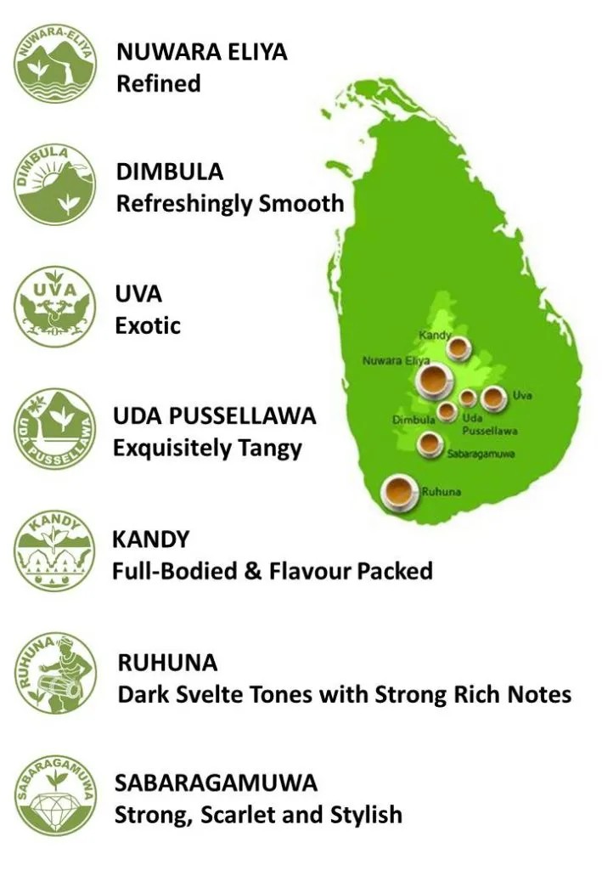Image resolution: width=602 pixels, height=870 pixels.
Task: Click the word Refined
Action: click(x=159, y=84)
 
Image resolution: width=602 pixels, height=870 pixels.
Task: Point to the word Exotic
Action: click(x=149, y=325)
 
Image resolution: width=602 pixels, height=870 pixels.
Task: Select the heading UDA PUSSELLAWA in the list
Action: click(x=215, y=416)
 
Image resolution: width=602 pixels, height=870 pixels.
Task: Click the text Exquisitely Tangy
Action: click(x=208, y=448)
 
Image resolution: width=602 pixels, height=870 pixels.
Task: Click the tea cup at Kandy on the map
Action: click(x=458, y=347)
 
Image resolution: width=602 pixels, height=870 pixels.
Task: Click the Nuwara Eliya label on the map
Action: click(x=397, y=361)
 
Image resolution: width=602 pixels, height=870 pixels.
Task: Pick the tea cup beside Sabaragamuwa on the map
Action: click(x=430, y=443)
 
